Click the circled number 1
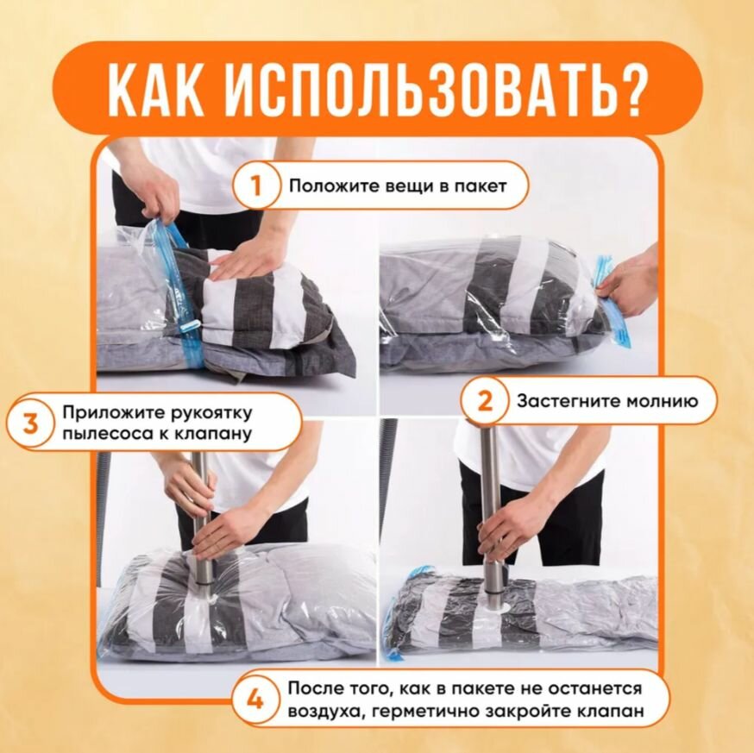click(256, 185)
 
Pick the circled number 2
click(484, 400)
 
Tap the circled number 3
click(30, 424)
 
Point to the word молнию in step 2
click(657, 400)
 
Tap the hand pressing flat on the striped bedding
click(244, 259)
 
